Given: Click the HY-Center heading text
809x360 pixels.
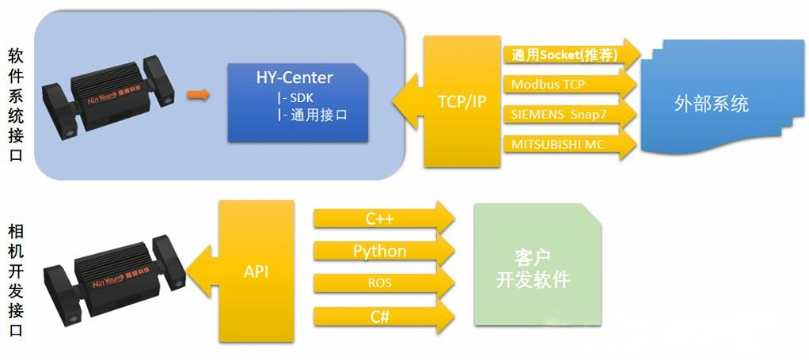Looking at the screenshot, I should click(294, 78).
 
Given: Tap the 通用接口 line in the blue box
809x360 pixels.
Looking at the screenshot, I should click(312, 115).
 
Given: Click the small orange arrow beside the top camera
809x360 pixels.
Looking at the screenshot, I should click(199, 96).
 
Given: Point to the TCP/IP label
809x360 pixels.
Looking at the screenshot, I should click(462, 102).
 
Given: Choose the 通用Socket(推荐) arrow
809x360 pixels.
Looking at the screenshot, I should click(564, 55).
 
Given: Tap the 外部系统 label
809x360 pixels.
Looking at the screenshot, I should click(712, 104).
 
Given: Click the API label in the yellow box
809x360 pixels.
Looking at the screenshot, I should click(256, 271).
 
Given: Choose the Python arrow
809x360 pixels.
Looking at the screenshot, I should click(380, 252).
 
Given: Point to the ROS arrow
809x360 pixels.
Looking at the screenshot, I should click(380, 283).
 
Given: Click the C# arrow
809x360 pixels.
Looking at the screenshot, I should click(380, 316).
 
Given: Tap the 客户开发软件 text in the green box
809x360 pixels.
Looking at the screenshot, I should click(532, 269).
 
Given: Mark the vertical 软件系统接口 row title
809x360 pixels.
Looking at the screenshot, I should click(15, 104).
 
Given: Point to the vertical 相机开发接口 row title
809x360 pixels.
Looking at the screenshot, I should click(15, 281).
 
